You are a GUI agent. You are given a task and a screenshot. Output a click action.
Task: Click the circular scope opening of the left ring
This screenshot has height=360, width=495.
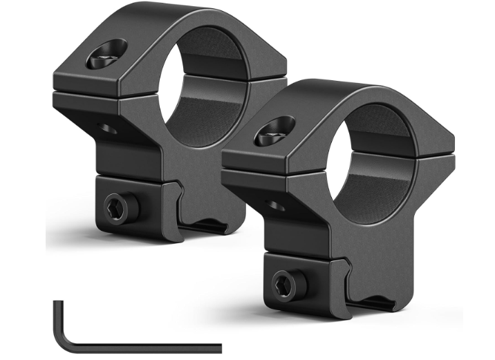click(x=198, y=76)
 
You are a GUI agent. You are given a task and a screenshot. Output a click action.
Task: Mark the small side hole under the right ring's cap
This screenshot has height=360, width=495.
click(x=274, y=205)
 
